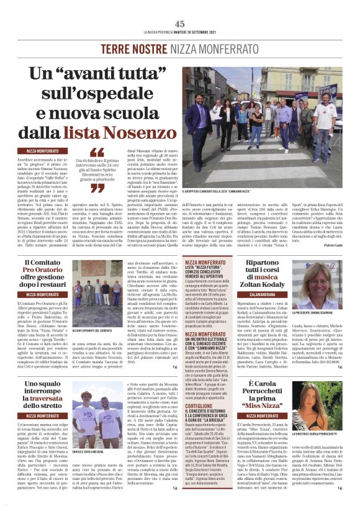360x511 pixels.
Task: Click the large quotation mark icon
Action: tap(97, 151)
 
